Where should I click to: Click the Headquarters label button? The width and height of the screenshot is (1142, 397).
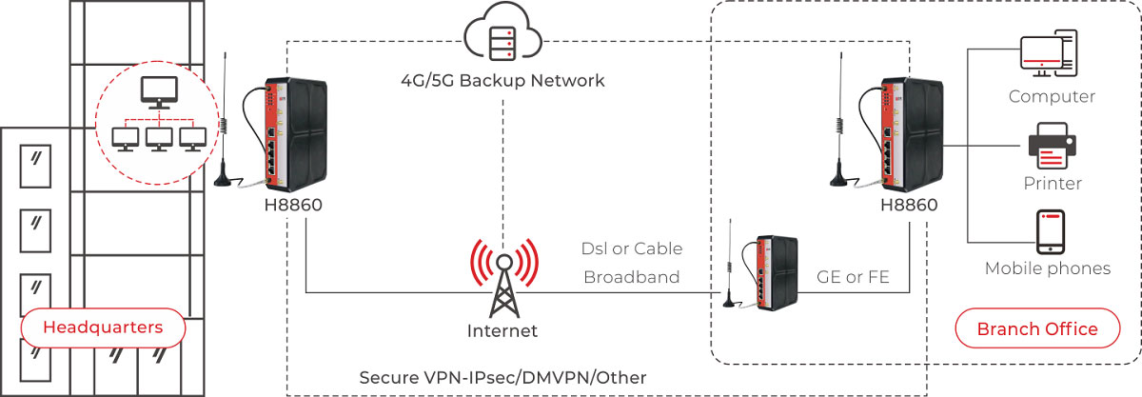point(102,328)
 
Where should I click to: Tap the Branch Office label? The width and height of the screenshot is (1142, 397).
point(1036,329)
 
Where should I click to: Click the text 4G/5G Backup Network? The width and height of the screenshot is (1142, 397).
point(502,80)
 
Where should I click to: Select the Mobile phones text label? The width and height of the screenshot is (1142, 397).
point(1048,268)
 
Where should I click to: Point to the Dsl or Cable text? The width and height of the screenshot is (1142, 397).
point(632,248)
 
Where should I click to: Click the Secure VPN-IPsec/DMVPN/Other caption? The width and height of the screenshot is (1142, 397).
point(502,378)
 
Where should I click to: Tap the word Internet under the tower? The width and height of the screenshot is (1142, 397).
point(502,331)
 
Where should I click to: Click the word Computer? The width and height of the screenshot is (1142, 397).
point(1052,96)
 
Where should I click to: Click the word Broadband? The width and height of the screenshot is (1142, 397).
point(632,277)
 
